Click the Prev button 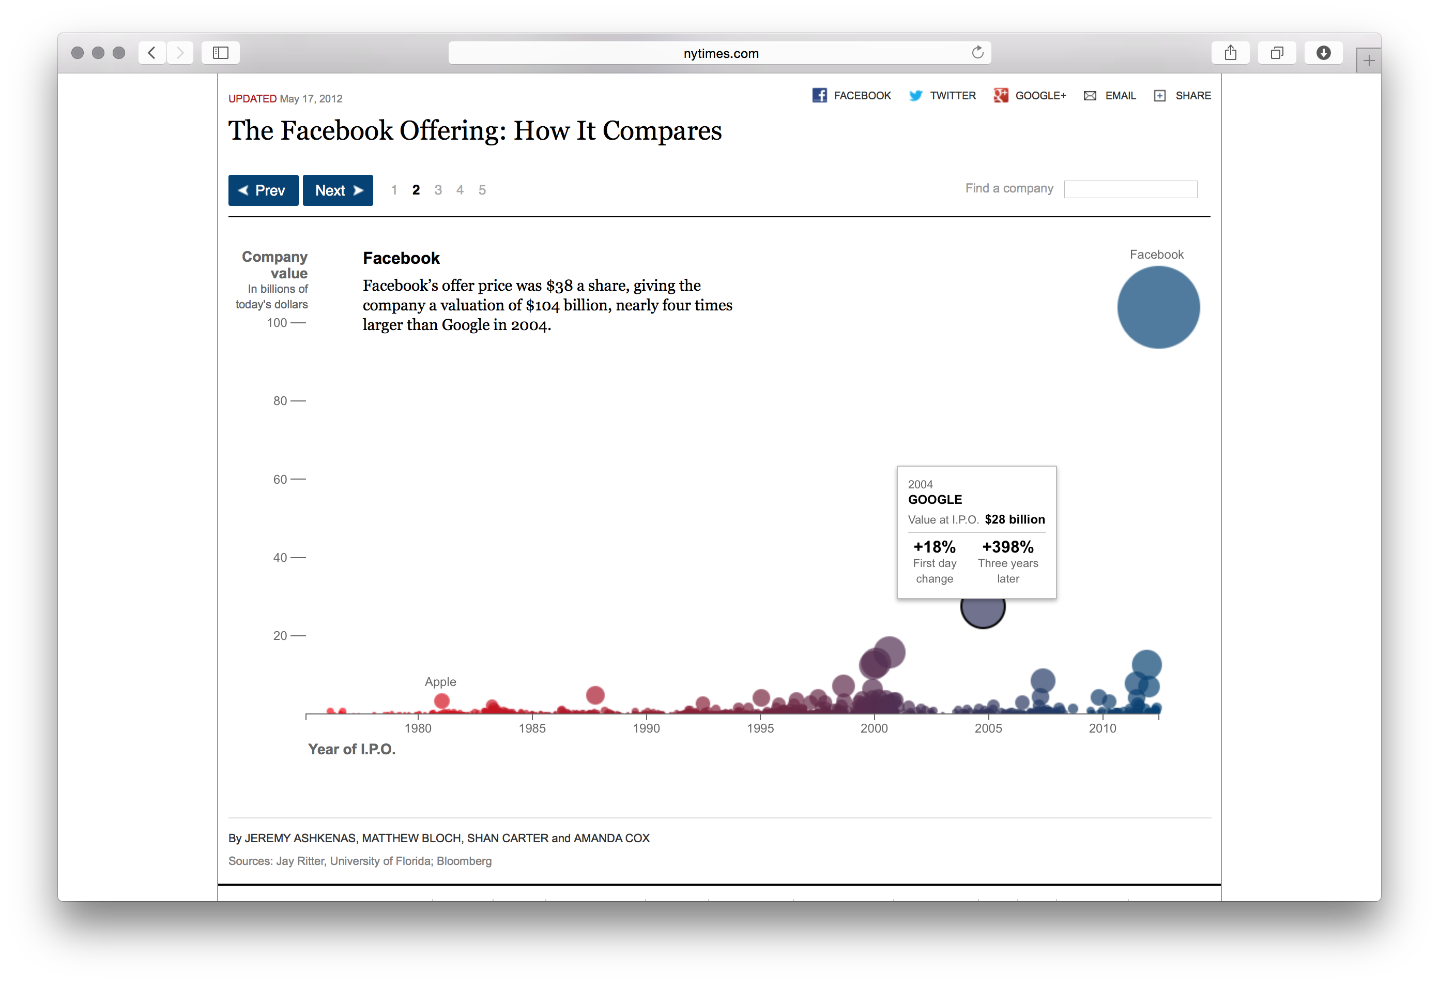263,190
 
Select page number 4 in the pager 460,190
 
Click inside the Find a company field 1130,189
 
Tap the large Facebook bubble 1158,307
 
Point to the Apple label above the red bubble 440,682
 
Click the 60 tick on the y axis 281,479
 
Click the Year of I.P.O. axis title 351,749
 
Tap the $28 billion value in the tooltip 1014,519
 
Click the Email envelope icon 1090,95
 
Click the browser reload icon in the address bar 977,53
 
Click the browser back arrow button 151,53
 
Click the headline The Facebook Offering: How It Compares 475,131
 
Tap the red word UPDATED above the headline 252,98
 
